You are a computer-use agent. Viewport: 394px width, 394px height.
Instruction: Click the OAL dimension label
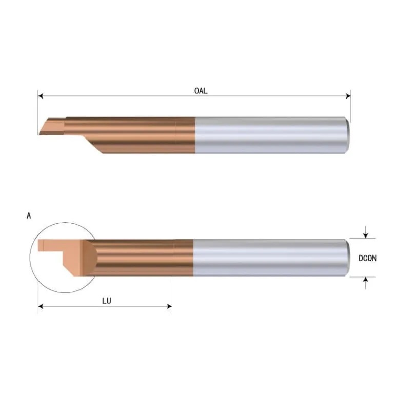point(201,91)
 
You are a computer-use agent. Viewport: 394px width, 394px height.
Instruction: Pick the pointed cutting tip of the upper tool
point(41,133)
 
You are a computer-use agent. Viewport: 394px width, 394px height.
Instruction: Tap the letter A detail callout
point(29,216)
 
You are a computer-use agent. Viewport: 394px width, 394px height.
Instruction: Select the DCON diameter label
point(367,259)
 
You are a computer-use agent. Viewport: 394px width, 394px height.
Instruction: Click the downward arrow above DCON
point(365,234)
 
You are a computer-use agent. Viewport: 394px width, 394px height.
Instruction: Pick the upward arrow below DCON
point(365,280)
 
